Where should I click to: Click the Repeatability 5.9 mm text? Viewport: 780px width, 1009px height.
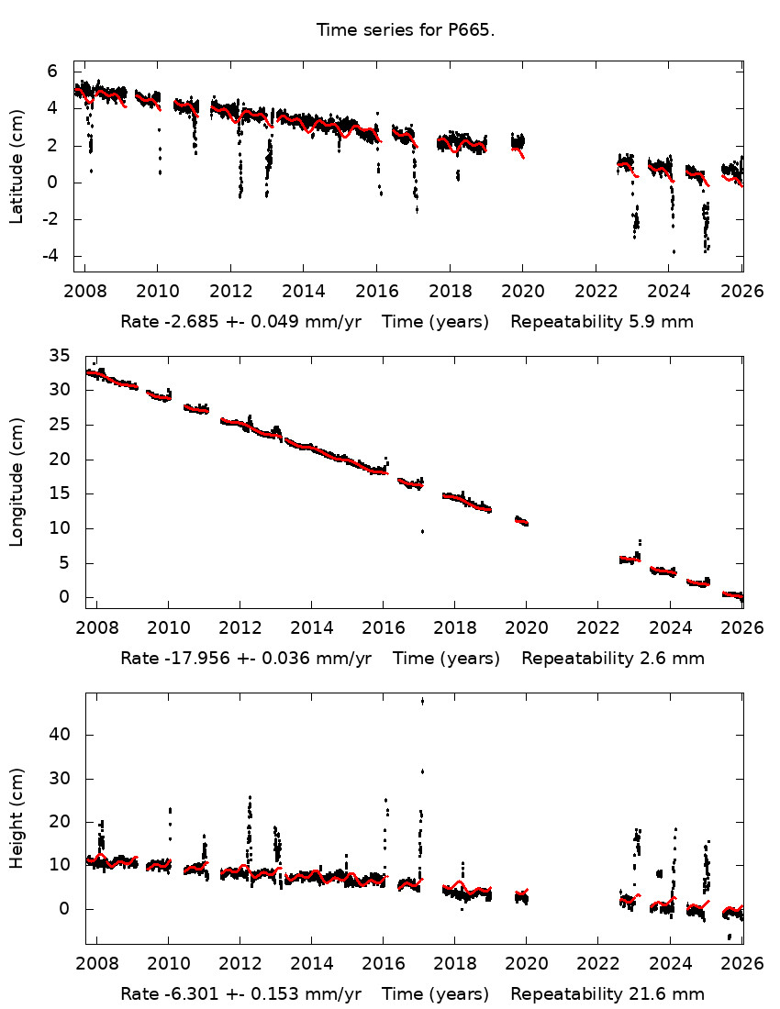pyautogui.click(x=601, y=322)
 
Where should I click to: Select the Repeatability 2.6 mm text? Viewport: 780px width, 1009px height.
pyautogui.click(x=612, y=659)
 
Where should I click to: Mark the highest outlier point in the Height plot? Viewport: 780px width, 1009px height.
pyautogui.click(x=422, y=701)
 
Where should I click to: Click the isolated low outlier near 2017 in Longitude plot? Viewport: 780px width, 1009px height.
pyautogui.click(x=422, y=531)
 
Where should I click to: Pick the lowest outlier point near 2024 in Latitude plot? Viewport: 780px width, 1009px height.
pyautogui.click(x=674, y=251)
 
